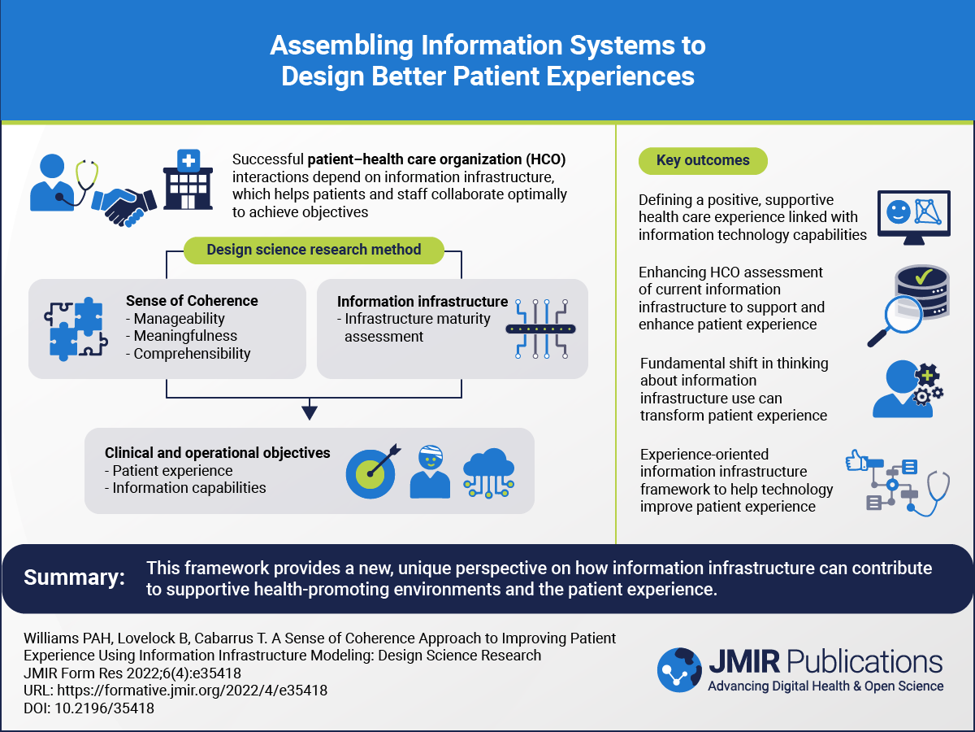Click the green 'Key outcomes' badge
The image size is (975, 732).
pyautogui.click(x=703, y=160)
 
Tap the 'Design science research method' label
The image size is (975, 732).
pyautogui.click(x=314, y=250)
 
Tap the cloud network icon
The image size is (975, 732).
pyautogui.click(x=488, y=474)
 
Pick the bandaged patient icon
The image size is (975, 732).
pyautogui.click(x=430, y=472)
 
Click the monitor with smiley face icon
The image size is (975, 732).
pyautogui.click(x=913, y=216)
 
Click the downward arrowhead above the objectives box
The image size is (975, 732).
pyautogui.click(x=308, y=412)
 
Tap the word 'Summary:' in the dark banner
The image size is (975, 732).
pyautogui.click(x=74, y=577)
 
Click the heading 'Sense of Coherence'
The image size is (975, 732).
pyautogui.click(x=192, y=301)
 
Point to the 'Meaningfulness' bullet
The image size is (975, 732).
pyautogui.click(x=185, y=336)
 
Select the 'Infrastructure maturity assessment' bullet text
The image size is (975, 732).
pyautogui.click(x=418, y=327)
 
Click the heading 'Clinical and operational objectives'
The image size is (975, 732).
pyautogui.click(x=218, y=453)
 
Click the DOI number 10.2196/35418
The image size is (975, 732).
pyautogui.click(x=102, y=708)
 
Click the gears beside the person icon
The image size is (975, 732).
pyautogui.click(x=926, y=389)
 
